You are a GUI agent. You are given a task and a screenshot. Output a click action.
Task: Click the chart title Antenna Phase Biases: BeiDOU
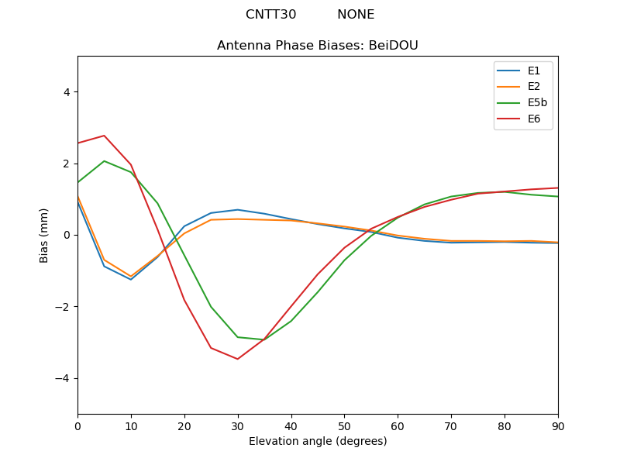tap(318, 46)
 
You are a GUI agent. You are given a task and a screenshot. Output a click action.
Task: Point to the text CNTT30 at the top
tap(270, 15)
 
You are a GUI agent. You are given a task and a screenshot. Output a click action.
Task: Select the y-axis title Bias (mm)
tap(44, 235)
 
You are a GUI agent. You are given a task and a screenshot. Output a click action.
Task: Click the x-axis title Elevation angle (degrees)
tap(318, 442)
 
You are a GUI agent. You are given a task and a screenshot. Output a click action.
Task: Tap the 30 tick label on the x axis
tap(238, 425)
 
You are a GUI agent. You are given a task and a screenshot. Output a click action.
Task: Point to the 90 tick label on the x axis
tap(558, 425)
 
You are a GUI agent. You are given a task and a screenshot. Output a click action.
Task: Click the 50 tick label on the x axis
tap(344, 425)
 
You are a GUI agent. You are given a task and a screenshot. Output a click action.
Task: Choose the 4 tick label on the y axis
tap(66, 92)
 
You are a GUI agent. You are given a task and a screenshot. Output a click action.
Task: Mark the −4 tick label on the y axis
tap(63, 378)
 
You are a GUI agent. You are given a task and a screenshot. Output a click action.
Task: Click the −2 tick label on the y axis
tap(63, 307)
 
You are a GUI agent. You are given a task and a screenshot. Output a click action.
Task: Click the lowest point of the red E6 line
tap(237, 359)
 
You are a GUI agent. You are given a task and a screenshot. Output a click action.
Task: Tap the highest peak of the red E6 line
tap(104, 136)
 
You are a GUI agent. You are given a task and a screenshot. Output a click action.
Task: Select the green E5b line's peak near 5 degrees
tap(104, 161)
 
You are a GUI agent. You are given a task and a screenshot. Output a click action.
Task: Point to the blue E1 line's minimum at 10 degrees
tap(131, 280)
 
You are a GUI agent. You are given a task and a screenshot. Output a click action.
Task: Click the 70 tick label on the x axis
tap(451, 425)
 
